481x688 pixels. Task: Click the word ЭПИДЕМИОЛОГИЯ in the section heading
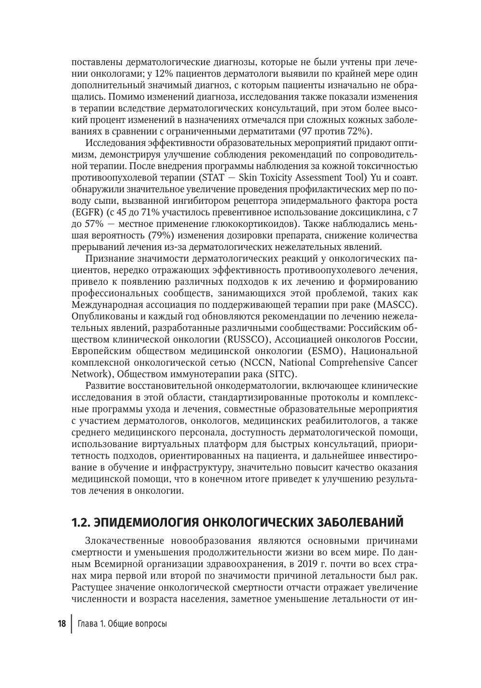click(x=145, y=522)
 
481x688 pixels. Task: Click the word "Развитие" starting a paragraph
click(x=104, y=386)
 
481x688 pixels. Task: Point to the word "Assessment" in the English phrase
click(x=311, y=178)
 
